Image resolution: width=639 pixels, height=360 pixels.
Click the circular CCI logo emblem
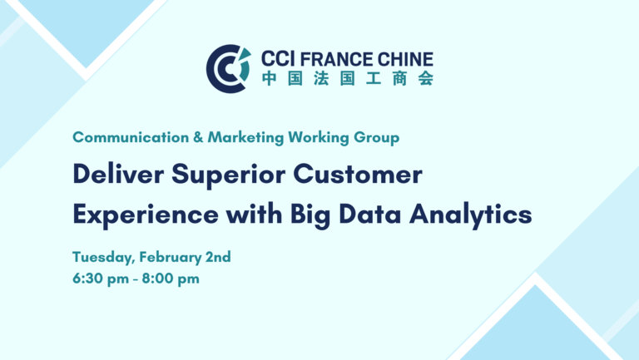228,69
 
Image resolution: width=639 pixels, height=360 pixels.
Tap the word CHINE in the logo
405,59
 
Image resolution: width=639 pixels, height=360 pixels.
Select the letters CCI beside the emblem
278,59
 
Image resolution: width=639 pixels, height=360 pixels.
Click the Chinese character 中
270,78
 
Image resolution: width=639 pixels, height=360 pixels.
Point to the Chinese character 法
321,78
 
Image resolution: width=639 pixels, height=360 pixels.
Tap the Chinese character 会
426,78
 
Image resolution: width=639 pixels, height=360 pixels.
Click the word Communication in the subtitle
131,137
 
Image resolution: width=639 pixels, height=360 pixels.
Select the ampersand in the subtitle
198,137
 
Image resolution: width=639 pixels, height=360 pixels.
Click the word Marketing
245,138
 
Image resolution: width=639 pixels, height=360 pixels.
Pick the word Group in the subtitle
377,138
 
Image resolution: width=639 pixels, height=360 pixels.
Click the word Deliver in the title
118,175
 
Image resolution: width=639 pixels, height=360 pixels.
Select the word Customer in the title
358,175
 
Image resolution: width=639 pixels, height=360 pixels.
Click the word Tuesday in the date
103,258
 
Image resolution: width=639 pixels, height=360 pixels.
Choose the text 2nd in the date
218,257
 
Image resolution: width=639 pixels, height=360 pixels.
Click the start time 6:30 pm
101,279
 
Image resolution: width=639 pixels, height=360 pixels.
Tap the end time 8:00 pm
171,279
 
